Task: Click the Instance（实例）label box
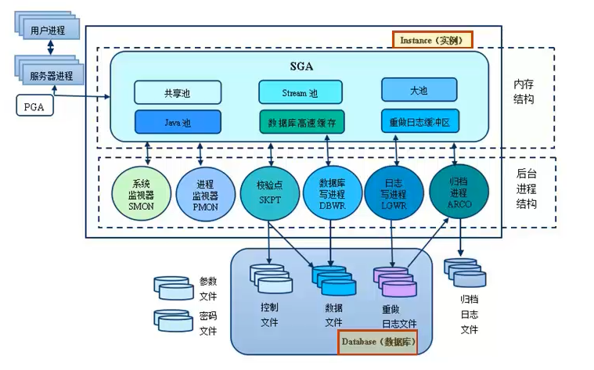[x=432, y=39]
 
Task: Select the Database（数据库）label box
[x=376, y=343]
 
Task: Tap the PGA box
[x=34, y=105]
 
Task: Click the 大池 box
[x=419, y=91]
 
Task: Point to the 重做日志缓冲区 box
[x=419, y=122]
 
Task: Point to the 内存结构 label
[x=524, y=92]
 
